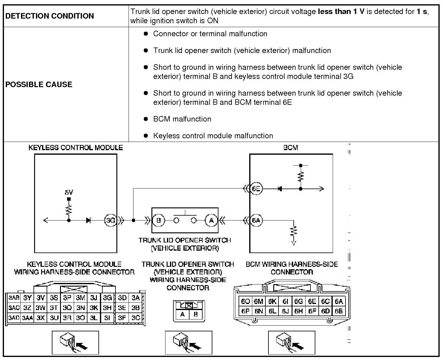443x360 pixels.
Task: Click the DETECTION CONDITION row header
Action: (50, 16)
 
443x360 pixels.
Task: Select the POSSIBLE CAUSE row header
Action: (39, 84)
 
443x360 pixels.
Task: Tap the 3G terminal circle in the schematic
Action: (110, 220)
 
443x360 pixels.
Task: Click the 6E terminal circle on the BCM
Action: (256, 189)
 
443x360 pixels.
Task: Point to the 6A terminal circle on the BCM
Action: (256, 220)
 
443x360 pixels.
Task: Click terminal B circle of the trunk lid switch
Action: (158, 220)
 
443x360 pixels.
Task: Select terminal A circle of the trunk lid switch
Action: (211, 220)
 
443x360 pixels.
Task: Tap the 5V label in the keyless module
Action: (69, 192)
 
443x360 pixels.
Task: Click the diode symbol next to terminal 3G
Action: (88, 220)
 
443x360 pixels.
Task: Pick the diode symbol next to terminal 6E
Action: (280, 189)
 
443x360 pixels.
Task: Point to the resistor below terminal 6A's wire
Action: (294, 231)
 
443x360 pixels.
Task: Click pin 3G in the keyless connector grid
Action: (107, 298)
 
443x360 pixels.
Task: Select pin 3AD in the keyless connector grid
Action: (14, 318)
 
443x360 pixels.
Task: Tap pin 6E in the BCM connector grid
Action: (312, 302)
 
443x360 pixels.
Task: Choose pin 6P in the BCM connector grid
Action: (245, 311)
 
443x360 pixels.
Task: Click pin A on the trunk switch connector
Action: (183, 314)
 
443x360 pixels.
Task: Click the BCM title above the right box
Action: (291, 148)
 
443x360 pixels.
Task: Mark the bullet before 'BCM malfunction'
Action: (146, 119)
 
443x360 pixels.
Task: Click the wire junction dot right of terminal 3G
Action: (133, 220)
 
